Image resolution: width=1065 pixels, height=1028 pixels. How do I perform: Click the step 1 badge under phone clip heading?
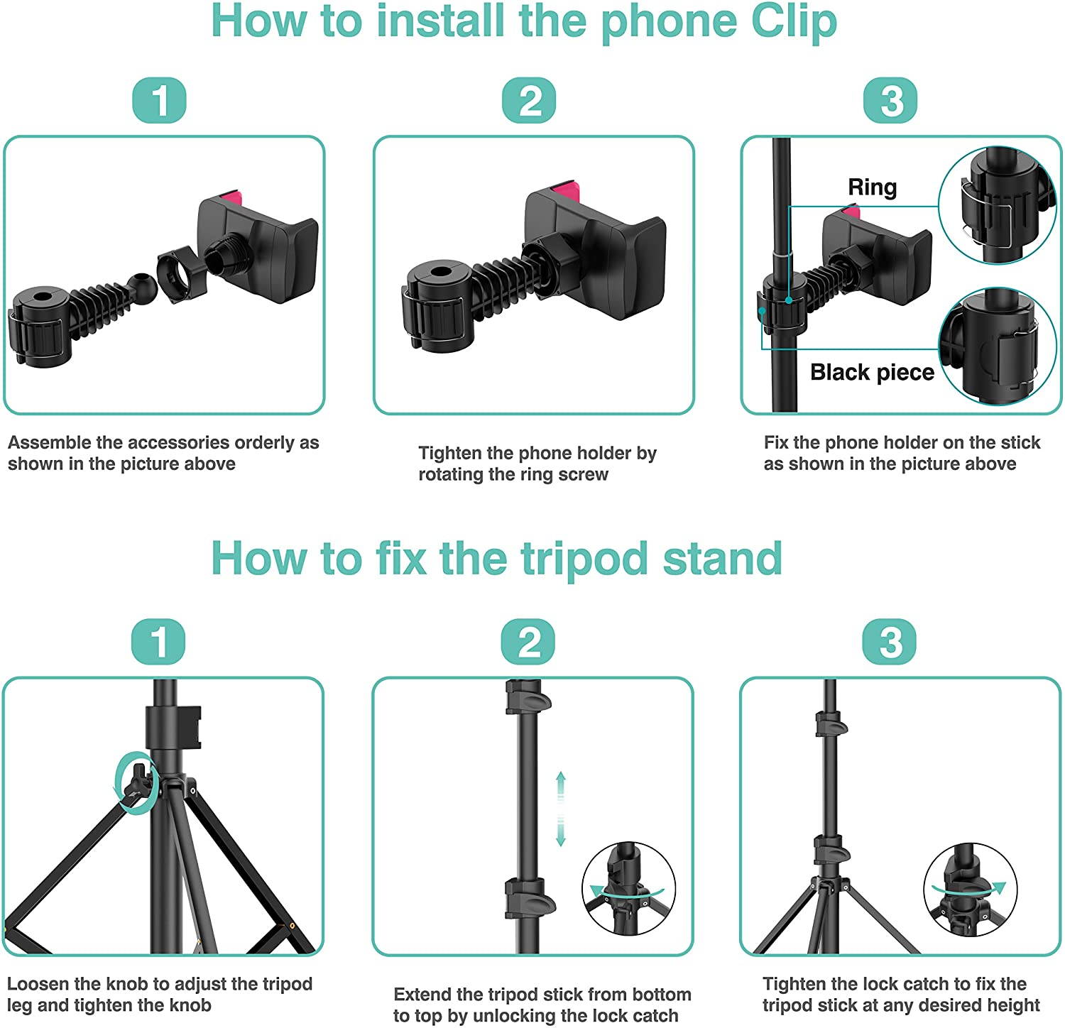(160, 100)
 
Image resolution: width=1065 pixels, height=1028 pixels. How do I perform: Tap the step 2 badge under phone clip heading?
(529, 100)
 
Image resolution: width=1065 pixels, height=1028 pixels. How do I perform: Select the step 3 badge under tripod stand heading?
(890, 642)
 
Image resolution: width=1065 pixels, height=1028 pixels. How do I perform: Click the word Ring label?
(872, 187)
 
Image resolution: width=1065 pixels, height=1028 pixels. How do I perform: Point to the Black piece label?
(872, 372)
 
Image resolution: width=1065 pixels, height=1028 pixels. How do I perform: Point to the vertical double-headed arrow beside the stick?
(560, 808)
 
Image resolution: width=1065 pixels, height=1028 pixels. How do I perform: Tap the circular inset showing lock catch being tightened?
(970, 890)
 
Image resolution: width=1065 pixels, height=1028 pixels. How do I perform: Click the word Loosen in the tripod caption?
(39, 984)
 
